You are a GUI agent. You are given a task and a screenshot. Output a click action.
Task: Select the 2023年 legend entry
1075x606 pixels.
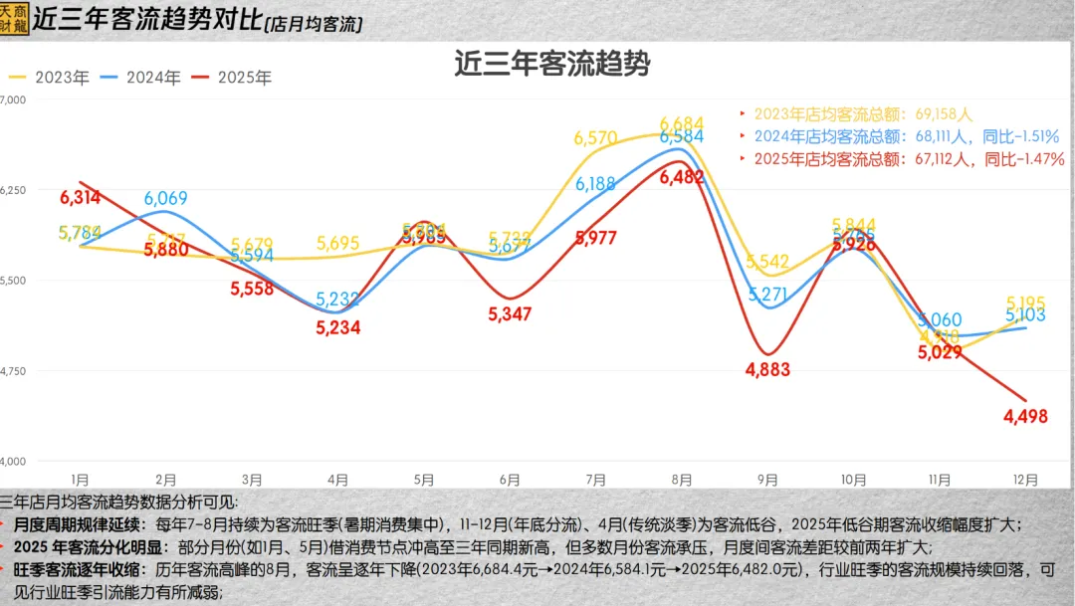pos(51,77)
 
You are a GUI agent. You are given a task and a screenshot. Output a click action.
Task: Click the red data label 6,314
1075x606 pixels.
pos(79,197)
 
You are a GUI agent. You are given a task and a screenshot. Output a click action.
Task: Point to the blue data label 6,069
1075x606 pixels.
pos(165,198)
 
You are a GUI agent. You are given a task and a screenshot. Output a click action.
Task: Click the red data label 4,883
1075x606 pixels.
pos(766,370)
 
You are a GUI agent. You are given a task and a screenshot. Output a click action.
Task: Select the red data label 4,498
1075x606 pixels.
pos(1025,417)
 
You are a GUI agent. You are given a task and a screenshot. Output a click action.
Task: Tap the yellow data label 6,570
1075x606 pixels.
pos(595,139)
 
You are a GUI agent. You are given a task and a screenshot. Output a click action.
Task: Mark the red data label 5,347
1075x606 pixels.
pos(511,314)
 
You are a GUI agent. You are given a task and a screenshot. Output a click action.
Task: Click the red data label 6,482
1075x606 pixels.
pos(682,177)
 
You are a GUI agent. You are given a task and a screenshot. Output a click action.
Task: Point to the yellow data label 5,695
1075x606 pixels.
pos(338,244)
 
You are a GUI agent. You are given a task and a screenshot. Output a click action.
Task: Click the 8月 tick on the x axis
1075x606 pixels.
pos(682,480)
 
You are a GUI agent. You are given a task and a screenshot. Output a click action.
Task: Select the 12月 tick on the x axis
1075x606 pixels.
pos(1025,480)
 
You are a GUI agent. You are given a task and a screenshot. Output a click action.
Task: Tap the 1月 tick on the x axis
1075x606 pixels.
pos(80,480)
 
